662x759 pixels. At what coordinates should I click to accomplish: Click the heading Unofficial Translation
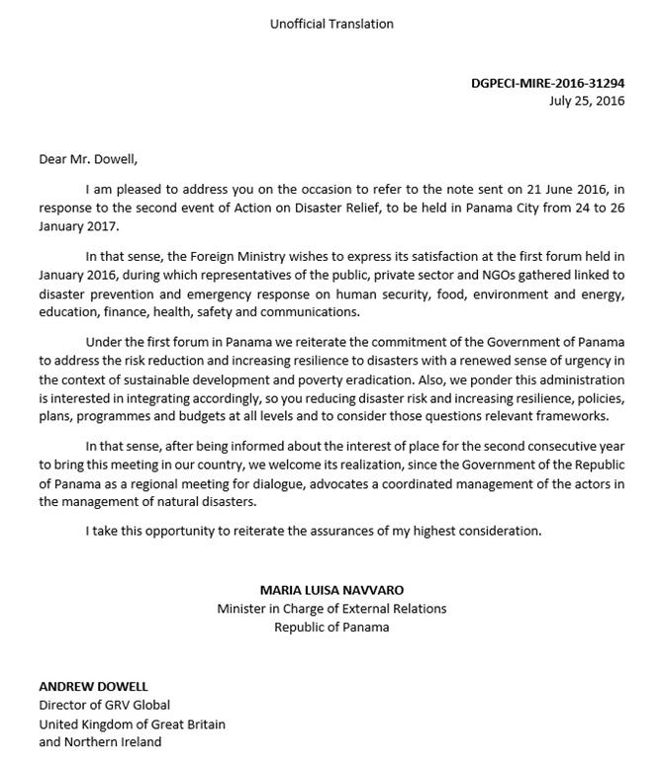331,24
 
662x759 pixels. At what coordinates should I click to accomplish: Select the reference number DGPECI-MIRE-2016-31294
547,83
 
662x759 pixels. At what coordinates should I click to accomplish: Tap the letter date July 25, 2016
587,100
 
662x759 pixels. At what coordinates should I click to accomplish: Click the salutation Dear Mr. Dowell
88,158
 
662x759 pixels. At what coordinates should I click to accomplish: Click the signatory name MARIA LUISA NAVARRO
331,589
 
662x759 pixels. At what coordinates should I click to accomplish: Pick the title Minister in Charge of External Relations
331,608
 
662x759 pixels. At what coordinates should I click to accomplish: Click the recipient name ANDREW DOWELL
93,686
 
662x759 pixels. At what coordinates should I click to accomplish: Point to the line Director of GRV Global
104,705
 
